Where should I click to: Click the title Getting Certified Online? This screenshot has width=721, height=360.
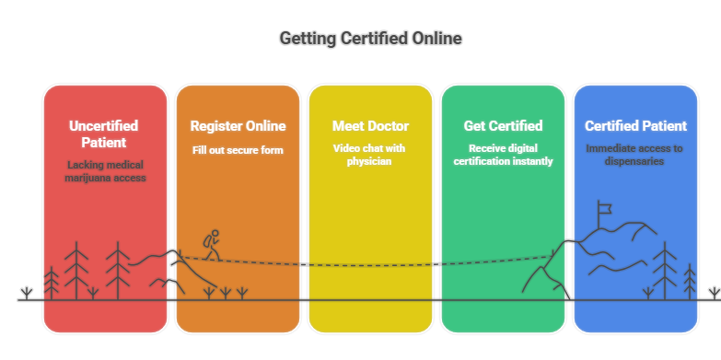tap(370, 39)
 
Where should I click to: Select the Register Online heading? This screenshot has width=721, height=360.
tap(238, 126)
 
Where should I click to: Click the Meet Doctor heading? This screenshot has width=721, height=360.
tap(370, 126)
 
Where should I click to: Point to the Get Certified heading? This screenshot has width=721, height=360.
tap(503, 126)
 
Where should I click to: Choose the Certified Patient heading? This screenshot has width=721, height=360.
tap(635, 126)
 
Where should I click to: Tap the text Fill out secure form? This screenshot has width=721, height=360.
tap(238, 149)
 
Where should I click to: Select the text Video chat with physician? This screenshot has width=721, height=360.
tap(370, 155)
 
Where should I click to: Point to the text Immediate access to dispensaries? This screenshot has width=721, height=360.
tap(635, 155)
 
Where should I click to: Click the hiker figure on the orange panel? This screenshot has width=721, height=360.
tap(213, 244)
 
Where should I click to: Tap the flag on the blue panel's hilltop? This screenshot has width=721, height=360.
tap(604, 210)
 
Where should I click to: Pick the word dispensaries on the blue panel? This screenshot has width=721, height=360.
tap(635, 162)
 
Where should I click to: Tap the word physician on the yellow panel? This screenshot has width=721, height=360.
tap(370, 162)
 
